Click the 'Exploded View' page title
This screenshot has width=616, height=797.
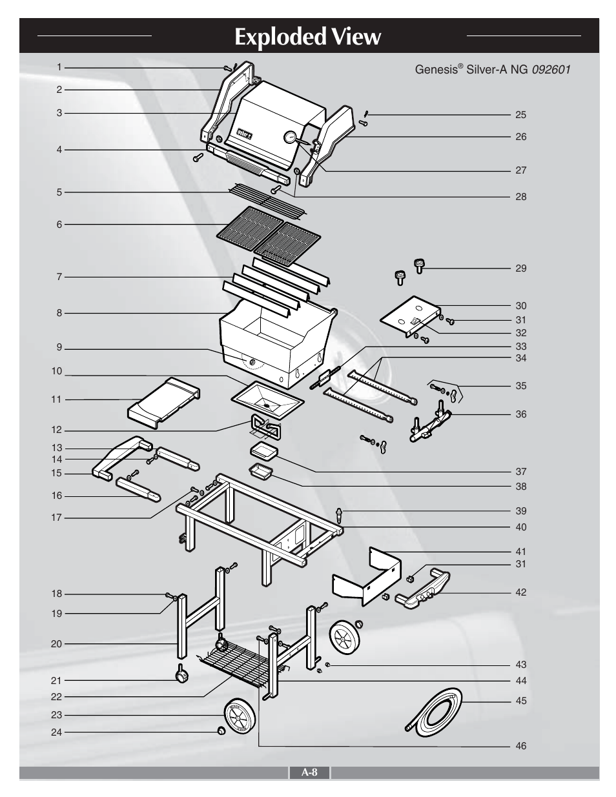pyautogui.click(x=308, y=37)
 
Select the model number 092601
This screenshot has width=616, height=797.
pyautogui.click(x=551, y=69)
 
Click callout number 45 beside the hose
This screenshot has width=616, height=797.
pyautogui.click(x=520, y=701)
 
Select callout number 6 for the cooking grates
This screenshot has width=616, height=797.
pyautogui.click(x=59, y=225)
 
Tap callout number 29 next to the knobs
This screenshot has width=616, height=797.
pyautogui.click(x=520, y=268)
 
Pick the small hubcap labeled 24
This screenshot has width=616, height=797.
pyautogui.click(x=221, y=731)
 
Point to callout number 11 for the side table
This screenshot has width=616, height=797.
pyautogui.click(x=56, y=399)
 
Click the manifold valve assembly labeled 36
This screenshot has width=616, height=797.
pyautogui.click(x=429, y=426)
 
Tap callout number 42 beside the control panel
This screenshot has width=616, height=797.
pyautogui.click(x=520, y=592)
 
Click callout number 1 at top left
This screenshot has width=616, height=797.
pyautogui.click(x=59, y=67)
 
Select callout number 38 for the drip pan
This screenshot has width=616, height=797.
pyautogui.click(x=520, y=487)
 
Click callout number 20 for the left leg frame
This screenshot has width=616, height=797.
pyautogui.click(x=56, y=644)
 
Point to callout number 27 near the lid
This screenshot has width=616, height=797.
pyautogui.click(x=520, y=171)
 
